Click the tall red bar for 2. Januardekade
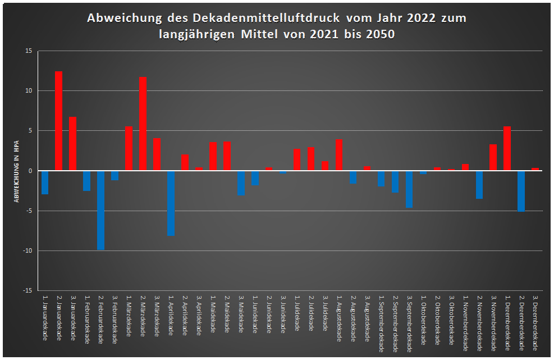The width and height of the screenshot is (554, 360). pos(58,121)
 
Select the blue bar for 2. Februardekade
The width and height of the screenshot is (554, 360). pos(100,211)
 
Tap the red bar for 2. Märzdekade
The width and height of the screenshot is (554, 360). pos(143,124)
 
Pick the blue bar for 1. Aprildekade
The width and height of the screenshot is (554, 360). pos(171,203)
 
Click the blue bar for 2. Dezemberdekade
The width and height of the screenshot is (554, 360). pos(521,191)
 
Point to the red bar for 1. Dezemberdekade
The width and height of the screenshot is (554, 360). pos(507,148)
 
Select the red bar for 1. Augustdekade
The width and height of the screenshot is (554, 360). pos(338,154)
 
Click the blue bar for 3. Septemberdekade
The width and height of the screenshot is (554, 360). pos(409,189)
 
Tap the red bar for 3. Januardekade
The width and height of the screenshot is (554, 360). pos(72,144)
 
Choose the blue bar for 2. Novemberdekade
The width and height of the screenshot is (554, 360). pos(479,185)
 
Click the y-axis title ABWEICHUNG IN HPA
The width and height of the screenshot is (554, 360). pos(16,171)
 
